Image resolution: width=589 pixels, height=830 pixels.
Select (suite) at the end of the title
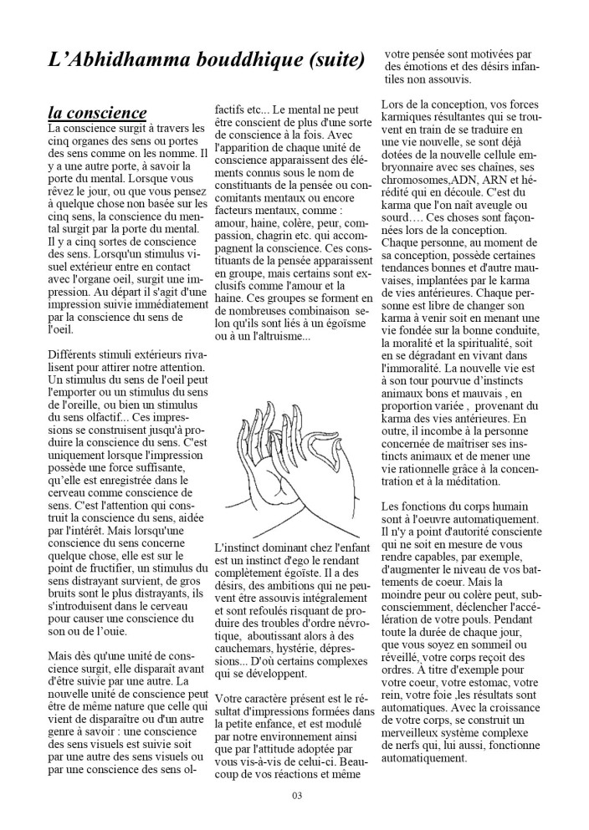(334, 59)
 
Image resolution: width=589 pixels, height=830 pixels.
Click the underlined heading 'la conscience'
(97, 112)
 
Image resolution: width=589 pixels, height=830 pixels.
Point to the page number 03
(296, 794)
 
